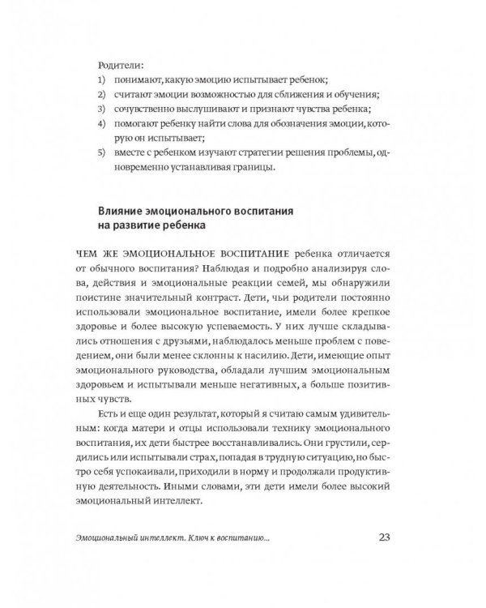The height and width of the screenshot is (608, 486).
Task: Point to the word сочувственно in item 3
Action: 150,109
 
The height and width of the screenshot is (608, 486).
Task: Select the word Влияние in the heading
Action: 123,209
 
